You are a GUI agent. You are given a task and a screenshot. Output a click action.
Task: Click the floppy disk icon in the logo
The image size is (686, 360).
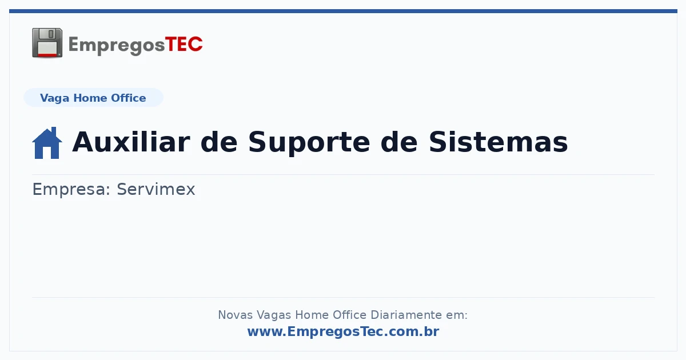pos(47,43)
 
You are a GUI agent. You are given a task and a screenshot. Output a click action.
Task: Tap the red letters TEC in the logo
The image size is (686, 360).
pos(184,45)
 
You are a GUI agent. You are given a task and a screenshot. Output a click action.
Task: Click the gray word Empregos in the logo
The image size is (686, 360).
pos(117,46)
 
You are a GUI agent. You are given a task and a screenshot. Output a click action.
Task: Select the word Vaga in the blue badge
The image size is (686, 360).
pos(54,98)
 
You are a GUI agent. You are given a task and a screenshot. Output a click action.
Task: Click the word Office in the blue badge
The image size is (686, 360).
pos(128,98)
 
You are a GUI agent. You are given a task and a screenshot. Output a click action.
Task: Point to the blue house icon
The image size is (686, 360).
pos(47,143)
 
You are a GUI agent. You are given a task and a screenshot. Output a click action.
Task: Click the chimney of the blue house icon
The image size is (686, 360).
pos(54,131)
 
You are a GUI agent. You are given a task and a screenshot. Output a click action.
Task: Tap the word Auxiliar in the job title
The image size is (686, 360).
pos(131,142)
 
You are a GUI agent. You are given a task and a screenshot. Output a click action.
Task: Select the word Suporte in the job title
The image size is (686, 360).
pos(309,143)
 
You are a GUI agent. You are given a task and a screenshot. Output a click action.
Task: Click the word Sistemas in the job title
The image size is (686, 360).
pos(498,142)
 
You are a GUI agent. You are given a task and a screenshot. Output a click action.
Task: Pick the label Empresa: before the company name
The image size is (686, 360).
pos(71,190)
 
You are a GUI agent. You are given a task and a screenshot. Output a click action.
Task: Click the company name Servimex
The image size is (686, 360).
pos(156,189)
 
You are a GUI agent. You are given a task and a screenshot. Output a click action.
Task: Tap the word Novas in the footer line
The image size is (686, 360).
pos(235,315)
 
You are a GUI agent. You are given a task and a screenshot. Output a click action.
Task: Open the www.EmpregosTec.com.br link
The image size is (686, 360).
pos(343,332)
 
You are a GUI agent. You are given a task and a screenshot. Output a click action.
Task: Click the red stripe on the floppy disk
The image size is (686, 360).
pos(47,55)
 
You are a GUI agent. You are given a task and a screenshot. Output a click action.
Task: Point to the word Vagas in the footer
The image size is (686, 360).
pos(274,315)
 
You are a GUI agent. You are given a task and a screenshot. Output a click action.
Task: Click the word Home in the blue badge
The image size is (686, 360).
pos(90,98)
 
